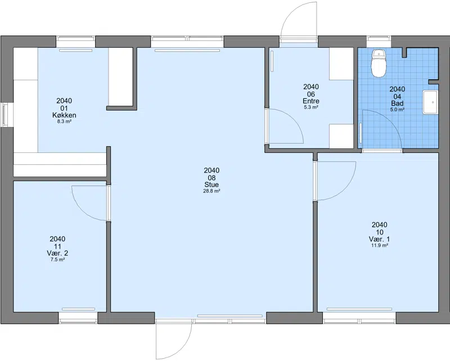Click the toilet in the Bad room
click(x=379, y=64)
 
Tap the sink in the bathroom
click(x=430, y=102)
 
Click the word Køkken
click(x=64, y=115)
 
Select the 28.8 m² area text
click(x=212, y=191)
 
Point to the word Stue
click(x=211, y=184)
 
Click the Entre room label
click(x=311, y=101)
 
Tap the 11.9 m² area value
click(x=379, y=245)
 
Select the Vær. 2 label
click(x=57, y=253)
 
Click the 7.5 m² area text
click(x=57, y=260)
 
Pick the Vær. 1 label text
click(x=379, y=239)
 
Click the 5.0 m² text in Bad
click(x=397, y=110)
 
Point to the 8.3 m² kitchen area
click(x=64, y=121)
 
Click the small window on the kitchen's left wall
click(x=4, y=115)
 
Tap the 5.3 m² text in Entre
click(x=311, y=107)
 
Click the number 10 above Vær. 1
click(x=379, y=232)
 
